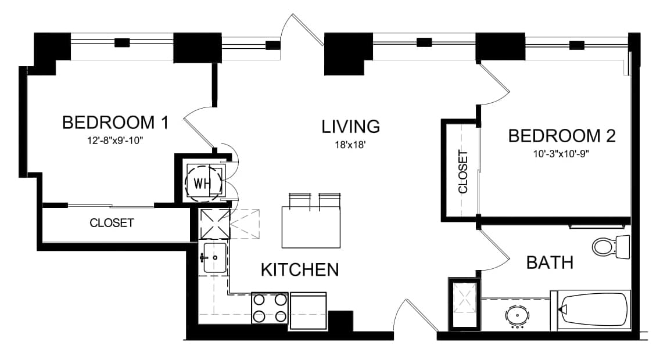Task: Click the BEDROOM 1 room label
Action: [115, 123]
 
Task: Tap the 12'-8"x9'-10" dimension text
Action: [115, 141]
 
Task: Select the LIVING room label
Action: [350, 127]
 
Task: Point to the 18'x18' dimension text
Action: [350, 145]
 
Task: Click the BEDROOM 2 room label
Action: [562, 136]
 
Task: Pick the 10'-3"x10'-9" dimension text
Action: [561, 154]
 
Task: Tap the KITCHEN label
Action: [300, 270]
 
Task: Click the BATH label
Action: [550, 262]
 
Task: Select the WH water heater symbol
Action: [203, 183]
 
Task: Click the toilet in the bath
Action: [611, 247]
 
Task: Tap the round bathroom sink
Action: [517, 316]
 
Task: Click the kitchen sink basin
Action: [215, 258]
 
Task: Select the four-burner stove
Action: [270, 308]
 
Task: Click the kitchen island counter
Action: [311, 227]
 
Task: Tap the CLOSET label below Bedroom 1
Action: [112, 223]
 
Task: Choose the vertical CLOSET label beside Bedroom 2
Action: [463, 172]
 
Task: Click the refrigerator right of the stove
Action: [308, 311]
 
